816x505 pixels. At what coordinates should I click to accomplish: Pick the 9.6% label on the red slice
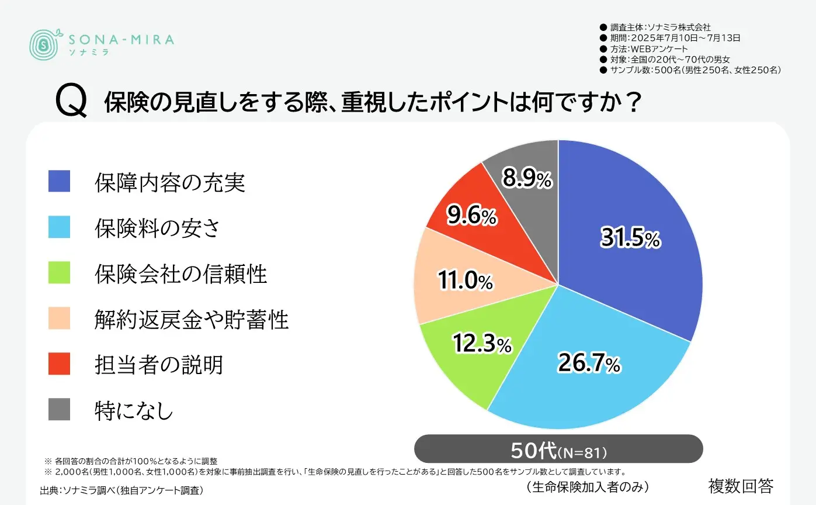(471, 217)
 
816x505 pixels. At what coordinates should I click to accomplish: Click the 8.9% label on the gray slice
(527, 179)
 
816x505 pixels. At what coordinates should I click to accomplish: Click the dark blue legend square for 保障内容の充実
(59, 181)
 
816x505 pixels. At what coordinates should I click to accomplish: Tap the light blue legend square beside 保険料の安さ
(59, 227)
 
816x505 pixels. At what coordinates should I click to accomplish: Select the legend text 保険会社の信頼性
(180, 273)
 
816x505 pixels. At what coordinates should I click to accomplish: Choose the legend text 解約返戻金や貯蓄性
(192, 319)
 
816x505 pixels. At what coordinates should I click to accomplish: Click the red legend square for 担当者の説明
(59, 364)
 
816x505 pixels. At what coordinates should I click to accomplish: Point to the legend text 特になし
(134, 410)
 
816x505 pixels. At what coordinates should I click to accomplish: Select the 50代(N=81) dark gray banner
(558, 451)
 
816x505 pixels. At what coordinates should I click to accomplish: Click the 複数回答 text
(741, 485)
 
